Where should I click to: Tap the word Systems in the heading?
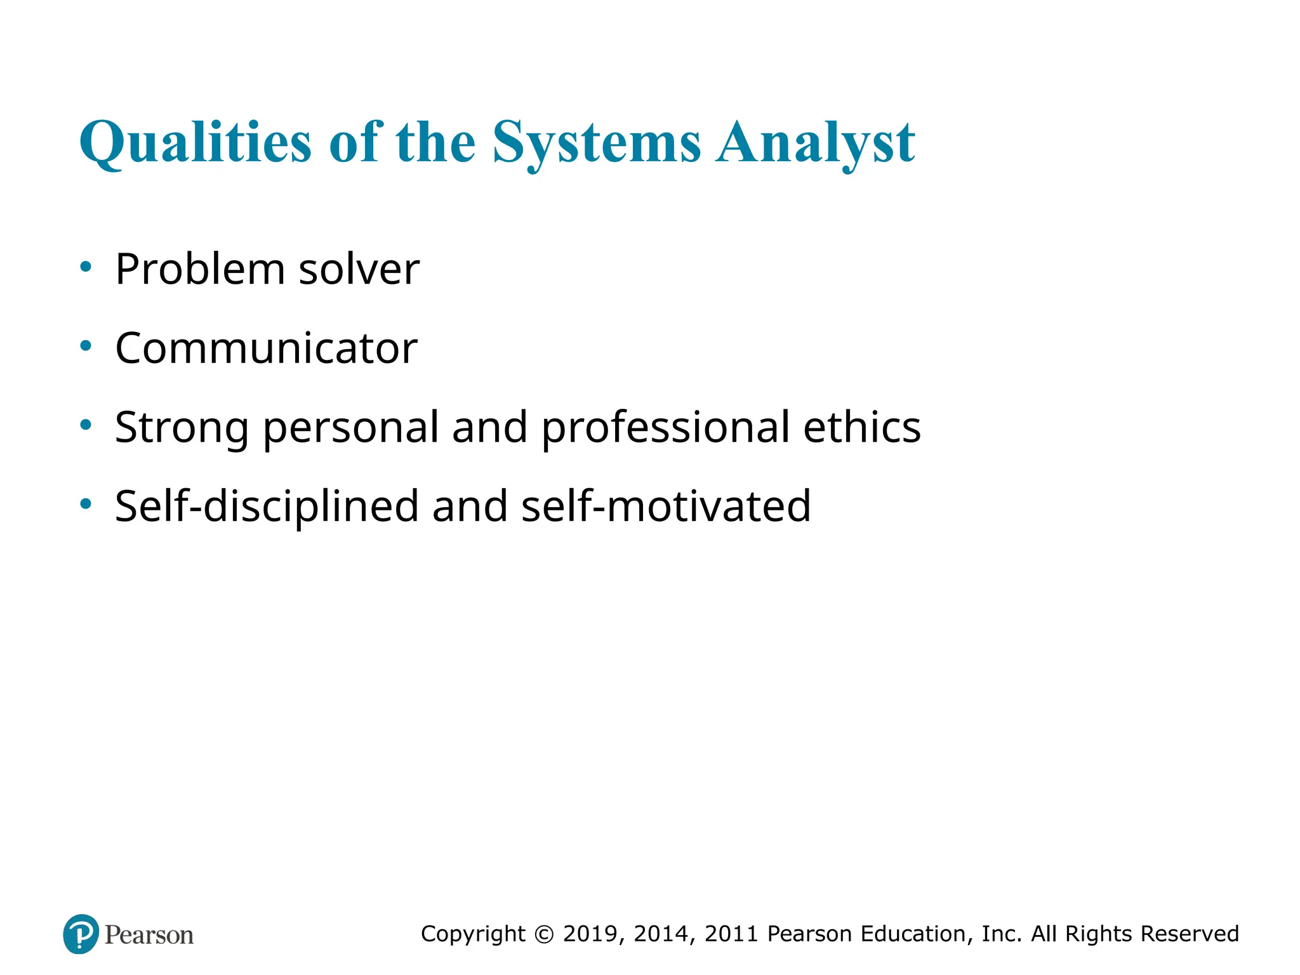point(597,142)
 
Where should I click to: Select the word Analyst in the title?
point(815,142)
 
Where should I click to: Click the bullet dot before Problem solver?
point(86,267)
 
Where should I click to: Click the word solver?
point(359,269)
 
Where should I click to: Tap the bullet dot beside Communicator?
point(86,346)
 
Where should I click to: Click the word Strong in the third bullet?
point(182,427)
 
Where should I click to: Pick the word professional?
point(665,427)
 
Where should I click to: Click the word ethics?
point(862,427)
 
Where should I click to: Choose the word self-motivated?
point(666,506)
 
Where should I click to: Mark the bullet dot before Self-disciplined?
point(86,504)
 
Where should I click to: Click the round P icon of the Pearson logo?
point(81,934)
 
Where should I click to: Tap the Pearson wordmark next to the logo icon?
point(149,935)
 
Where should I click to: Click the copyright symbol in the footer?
point(544,934)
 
